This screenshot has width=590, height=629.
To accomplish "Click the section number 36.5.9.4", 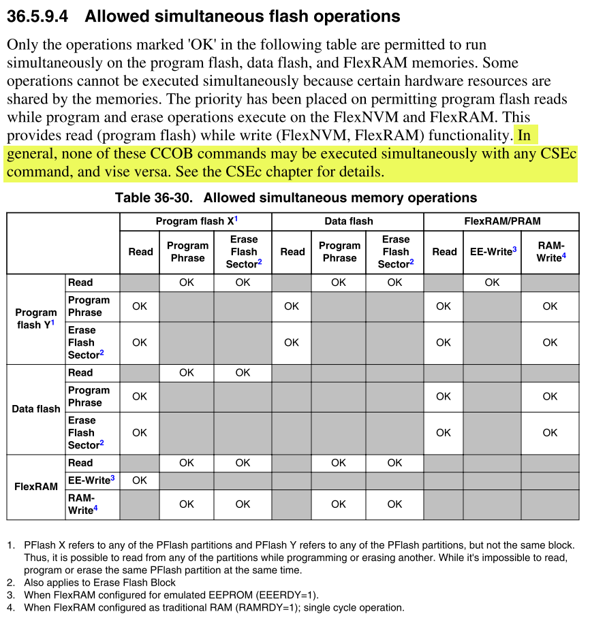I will click(x=38, y=16).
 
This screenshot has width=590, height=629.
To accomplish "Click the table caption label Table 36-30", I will click(x=156, y=198).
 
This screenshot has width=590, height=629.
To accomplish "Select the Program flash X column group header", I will click(x=196, y=221).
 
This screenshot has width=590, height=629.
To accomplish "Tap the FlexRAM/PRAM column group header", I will click(x=501, y=221).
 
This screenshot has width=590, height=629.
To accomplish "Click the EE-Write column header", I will click(x=493, y=252).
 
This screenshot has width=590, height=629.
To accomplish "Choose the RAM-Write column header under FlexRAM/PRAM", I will click(x=550, y=252).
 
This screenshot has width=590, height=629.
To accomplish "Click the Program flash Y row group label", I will click(x=36, y=319).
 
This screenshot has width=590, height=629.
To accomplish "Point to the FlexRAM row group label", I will click(x=36, y=487).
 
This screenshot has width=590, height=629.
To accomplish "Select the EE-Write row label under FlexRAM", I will click(x=91, y=480).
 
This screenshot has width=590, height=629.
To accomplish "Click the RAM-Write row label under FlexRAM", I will click(x=81, y=504).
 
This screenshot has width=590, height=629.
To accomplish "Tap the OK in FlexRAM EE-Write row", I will click(x=140, y=480).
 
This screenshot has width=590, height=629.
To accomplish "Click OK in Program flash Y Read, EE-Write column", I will click(x=492, y=283).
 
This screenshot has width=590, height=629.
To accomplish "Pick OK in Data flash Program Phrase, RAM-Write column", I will click(x=550, y=396).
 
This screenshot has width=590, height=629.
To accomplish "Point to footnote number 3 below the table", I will click(x=11, y=595).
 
